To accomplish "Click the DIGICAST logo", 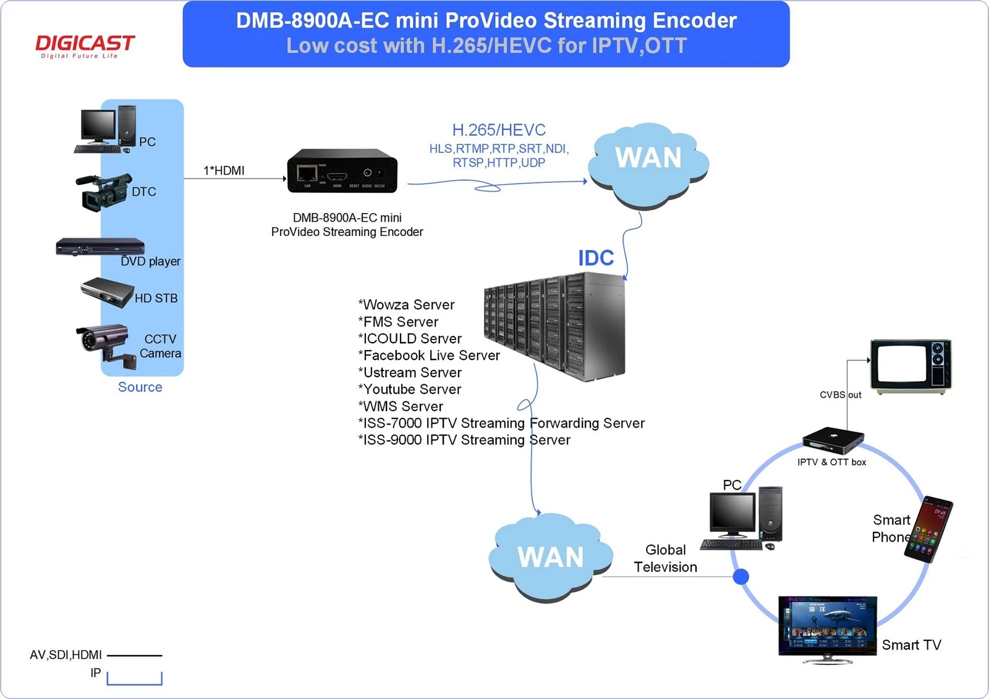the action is point(85,46).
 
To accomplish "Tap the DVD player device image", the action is point(100,246).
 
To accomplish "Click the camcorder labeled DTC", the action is point(104,192).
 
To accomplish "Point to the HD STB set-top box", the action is point(108,292).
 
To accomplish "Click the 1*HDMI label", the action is point(224,170).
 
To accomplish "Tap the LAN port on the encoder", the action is point(307,174).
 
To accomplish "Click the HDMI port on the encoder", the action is point(337,177).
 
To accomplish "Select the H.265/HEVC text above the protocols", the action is point(499,130).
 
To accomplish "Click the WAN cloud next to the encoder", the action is point(648,165).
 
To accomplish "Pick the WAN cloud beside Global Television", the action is point(551,557).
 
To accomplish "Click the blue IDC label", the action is point(596,258).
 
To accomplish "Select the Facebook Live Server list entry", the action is point(429,356).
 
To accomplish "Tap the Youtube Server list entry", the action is point(410,390).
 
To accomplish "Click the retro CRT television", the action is point(911,366).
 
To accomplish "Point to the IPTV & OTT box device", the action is point(833,440).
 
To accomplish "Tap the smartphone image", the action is point(928,529).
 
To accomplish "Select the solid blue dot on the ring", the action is point(741,576).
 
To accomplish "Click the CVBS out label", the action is point(840,395).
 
